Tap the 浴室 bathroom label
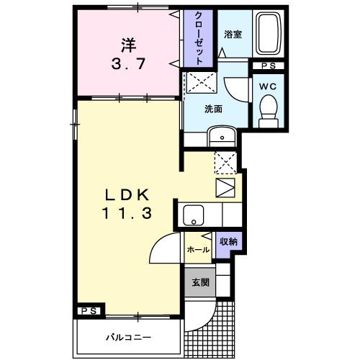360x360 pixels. point(232,34)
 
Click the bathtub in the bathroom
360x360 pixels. point(270,34)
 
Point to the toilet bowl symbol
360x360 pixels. point(269,112)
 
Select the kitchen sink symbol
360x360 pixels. point(192,214)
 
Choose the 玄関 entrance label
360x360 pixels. point(201,282)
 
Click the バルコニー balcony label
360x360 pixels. point(129,336)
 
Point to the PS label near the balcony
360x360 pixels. point(89,311)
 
